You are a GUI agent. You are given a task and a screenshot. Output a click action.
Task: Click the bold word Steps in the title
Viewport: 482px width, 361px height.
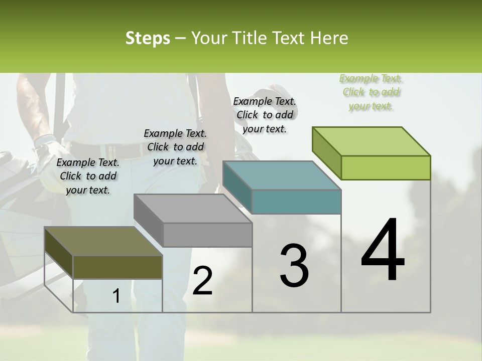coord(148,39)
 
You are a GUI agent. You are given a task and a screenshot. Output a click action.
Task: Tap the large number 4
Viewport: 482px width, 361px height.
coord(383,251)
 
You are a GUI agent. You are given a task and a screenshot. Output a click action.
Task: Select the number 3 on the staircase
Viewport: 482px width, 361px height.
coord(294,266)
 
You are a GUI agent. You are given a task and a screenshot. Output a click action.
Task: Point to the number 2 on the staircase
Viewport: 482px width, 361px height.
coord(202,281)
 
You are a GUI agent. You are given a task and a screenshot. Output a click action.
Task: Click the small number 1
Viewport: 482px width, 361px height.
coord(116,296)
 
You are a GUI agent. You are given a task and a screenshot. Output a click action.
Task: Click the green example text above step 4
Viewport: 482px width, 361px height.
coord(371,92)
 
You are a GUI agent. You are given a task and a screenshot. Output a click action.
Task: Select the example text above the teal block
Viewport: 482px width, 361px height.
coord(265,115)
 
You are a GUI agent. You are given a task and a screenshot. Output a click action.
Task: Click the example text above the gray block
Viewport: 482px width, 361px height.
coord(175,147)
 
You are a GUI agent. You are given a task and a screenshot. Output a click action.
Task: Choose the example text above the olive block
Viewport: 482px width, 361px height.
coord(88,176)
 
